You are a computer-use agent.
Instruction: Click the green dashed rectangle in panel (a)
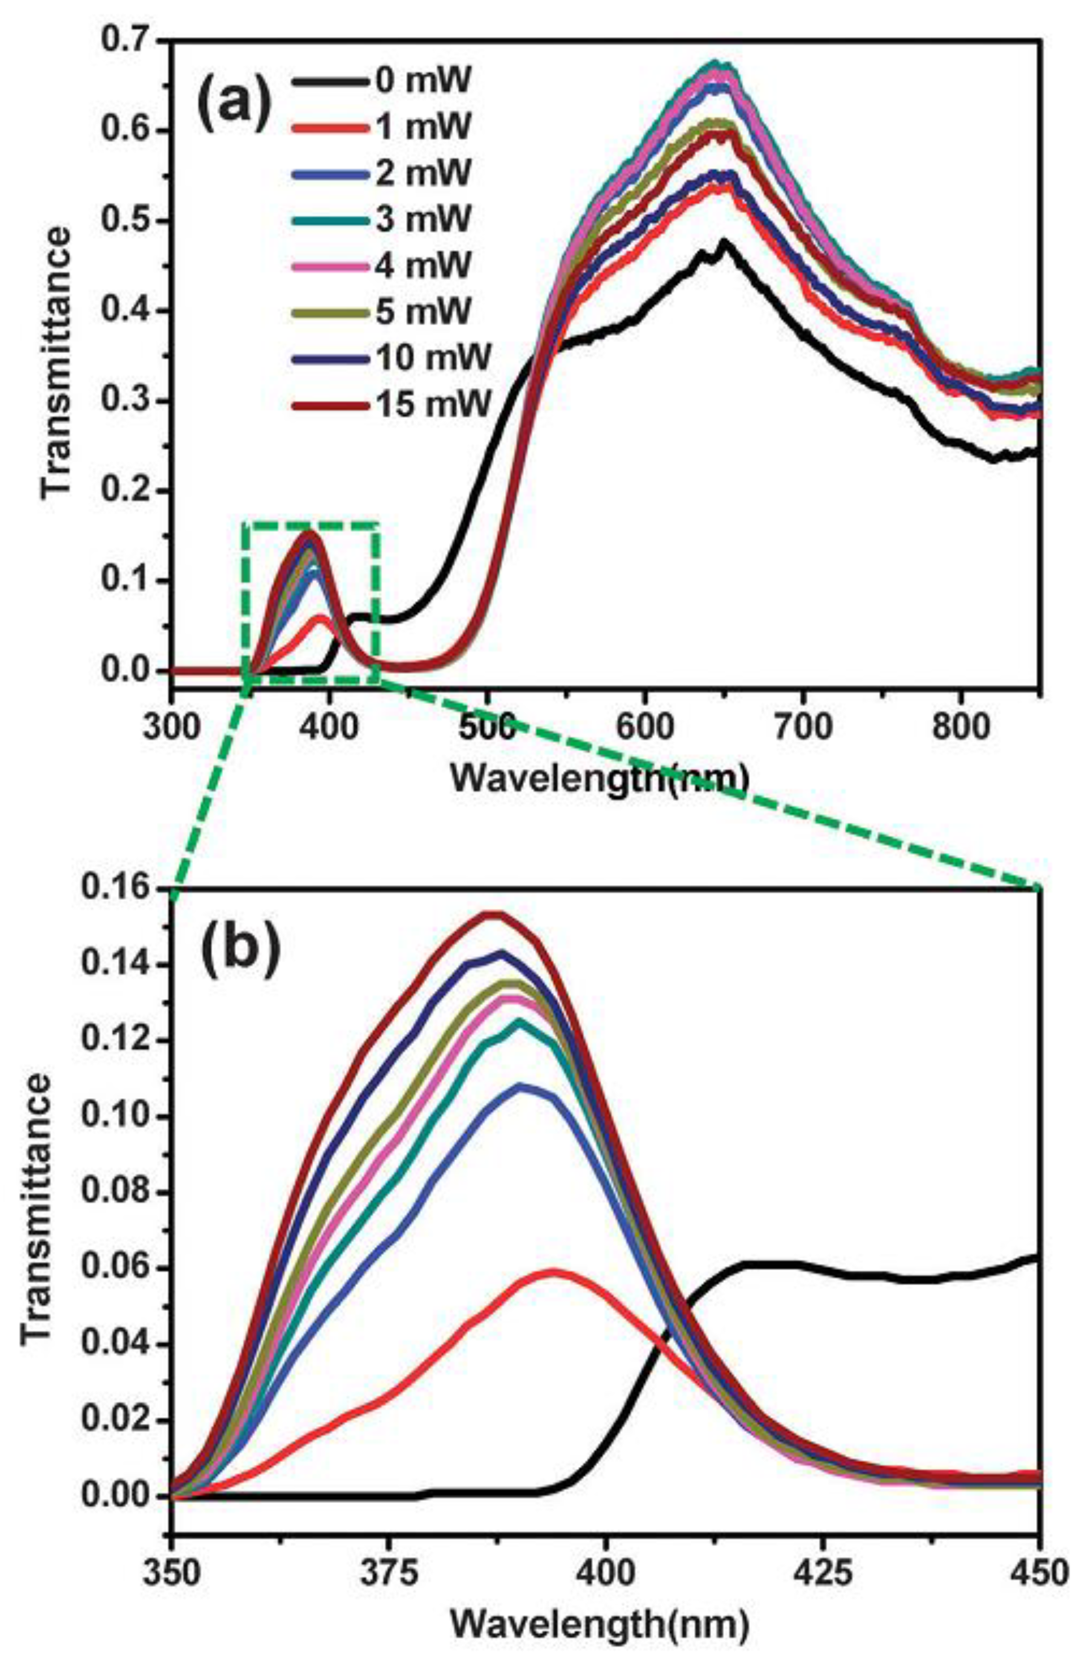coord(378,601)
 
